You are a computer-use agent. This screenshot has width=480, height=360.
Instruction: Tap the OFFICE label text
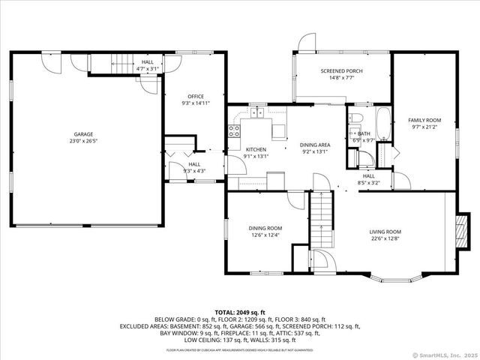[196, 97]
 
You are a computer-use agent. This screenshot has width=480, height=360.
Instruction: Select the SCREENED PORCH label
[341, 71]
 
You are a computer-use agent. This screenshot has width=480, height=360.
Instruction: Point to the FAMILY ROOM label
[424, 120]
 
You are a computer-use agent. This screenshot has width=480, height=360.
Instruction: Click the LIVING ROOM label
[385, 232]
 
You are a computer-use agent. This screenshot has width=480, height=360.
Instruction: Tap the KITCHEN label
[256, 149]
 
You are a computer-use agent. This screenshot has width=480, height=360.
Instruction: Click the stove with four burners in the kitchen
[234, 132]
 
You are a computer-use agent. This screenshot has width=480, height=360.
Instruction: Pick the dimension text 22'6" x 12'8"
[385, 239]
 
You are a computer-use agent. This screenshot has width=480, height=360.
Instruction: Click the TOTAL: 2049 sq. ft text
[239, 312]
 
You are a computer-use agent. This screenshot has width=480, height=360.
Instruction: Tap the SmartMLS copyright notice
[444, 355]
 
